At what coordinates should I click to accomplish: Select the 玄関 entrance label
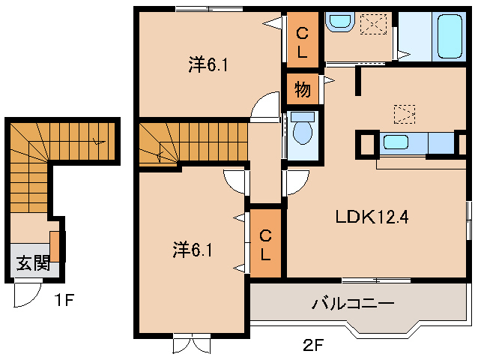[33, 262]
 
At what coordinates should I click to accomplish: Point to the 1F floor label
[63, 301]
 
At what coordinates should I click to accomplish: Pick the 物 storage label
[302, 90]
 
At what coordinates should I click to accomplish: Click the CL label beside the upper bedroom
[302, 40]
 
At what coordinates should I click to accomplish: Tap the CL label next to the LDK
[265, 244]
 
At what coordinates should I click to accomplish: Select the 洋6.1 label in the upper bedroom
[208, 65]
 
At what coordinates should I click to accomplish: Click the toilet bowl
[303, 133]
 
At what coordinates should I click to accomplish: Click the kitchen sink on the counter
[397, 141]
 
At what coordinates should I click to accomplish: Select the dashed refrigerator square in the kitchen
[404, 114]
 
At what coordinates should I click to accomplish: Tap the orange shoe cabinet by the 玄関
[55, 247]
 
